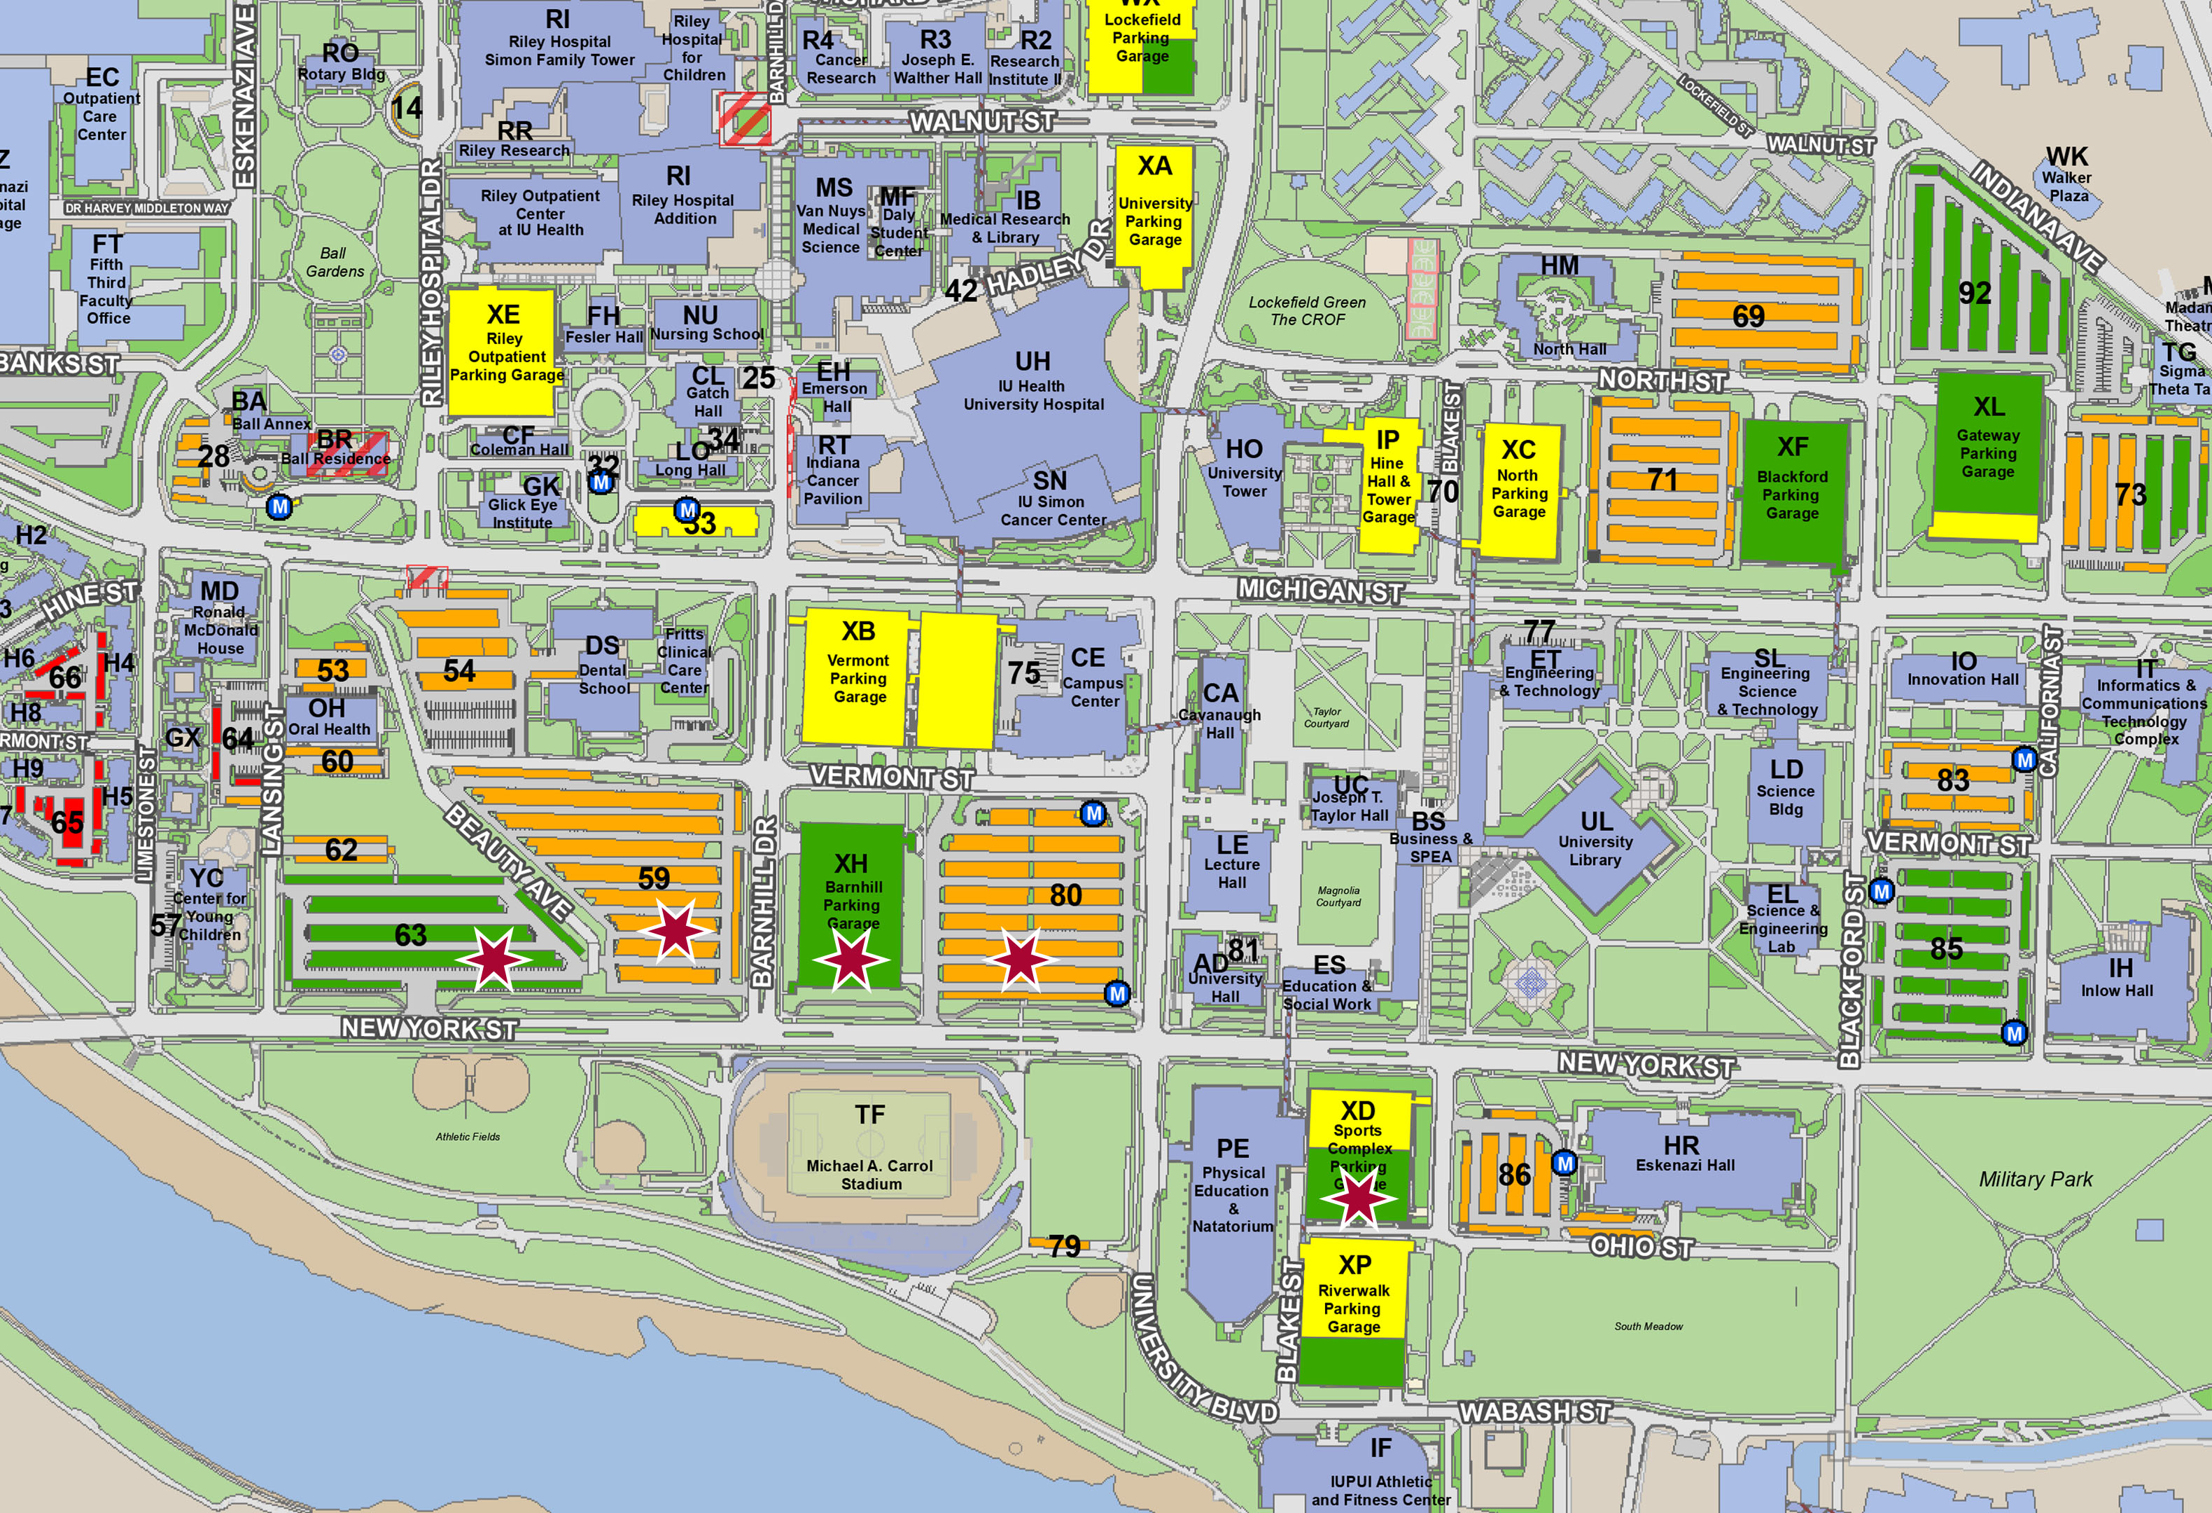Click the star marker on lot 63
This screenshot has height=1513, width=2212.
coord(493,958)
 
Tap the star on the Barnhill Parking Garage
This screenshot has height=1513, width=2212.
coord(850,958)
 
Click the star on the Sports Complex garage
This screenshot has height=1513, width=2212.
coord(1358,1197)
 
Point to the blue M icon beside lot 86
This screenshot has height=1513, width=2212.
coord(1564,1163)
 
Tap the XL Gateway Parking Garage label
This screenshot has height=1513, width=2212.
coord(1988,437)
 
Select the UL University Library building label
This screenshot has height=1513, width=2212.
coord(1596,838)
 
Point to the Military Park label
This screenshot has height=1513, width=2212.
coord(2035,1179)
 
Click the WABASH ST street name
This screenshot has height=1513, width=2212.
coord(1534,1411)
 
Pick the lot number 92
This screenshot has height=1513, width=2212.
coord(1975,292)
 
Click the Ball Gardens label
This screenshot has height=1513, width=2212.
coord(333,262)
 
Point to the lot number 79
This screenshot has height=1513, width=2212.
coord(1064,1245)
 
